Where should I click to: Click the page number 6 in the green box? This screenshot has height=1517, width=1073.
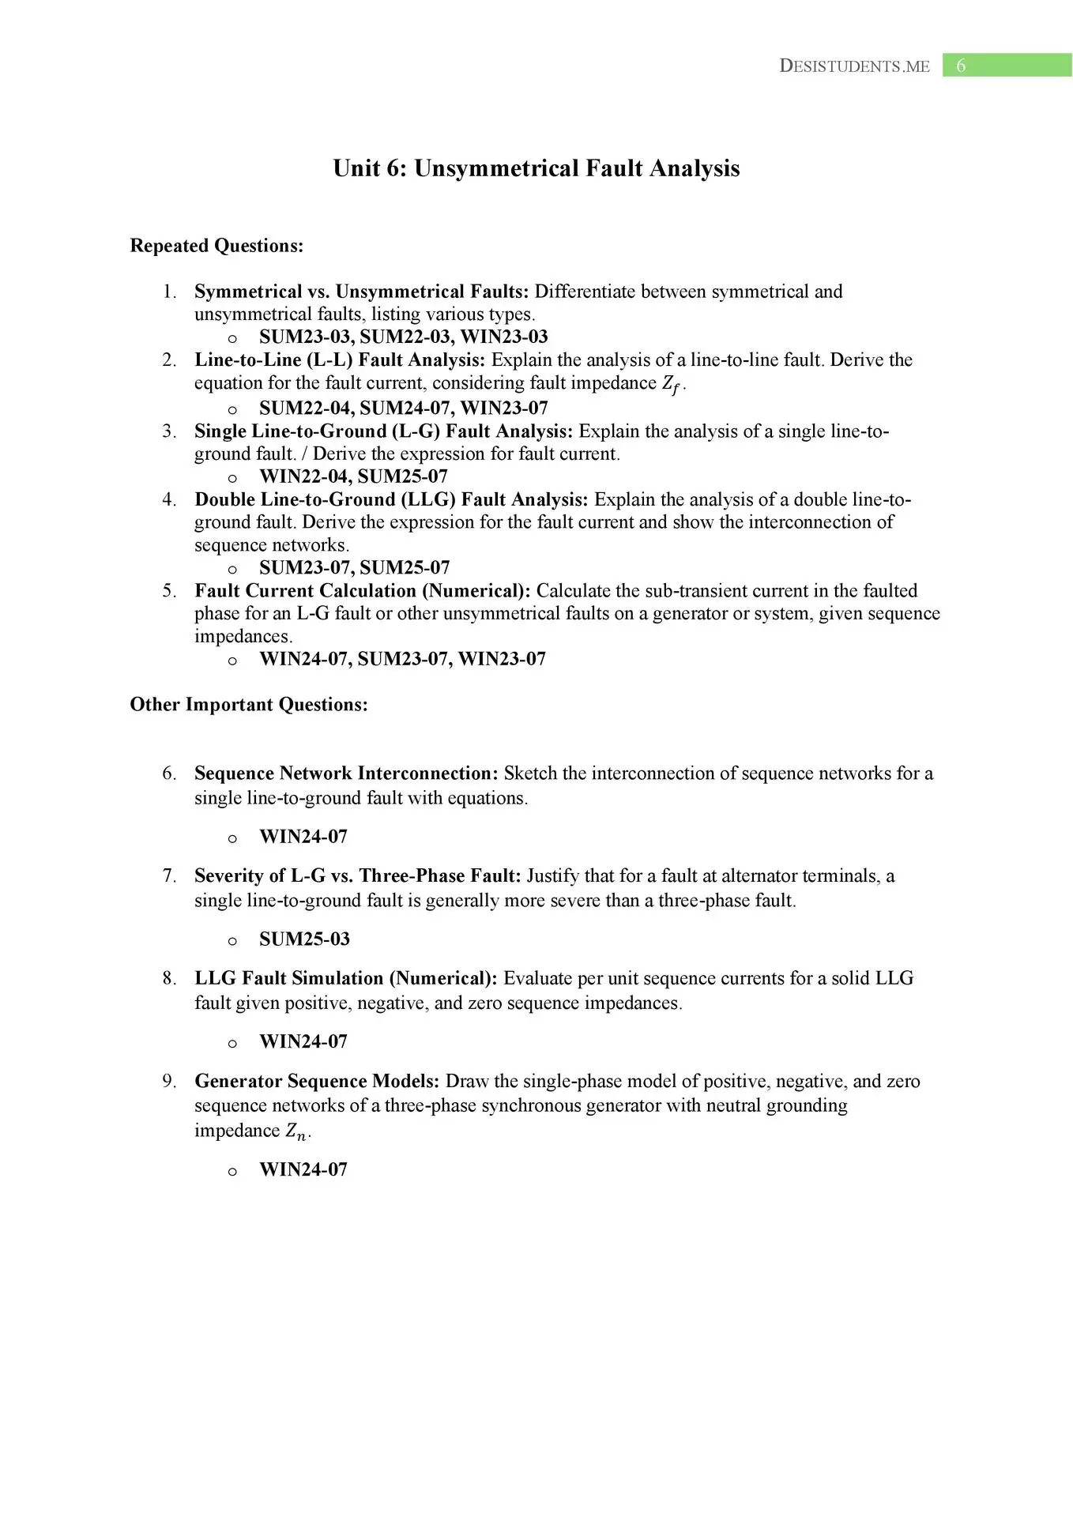[961, 66]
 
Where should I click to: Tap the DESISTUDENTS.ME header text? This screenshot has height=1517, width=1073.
[854, 66]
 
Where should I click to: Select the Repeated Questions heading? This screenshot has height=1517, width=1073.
[216, 246]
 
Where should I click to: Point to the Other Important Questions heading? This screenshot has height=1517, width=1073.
[249, 704]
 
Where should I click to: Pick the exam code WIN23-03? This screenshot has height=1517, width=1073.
[504, 337]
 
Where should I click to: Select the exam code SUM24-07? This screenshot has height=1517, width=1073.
[405, 408]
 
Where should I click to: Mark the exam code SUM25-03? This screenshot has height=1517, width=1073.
[304, 939]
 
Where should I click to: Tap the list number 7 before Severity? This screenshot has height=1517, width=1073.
[168, 875]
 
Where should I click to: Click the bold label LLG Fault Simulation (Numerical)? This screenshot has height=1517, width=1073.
[346, 978]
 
